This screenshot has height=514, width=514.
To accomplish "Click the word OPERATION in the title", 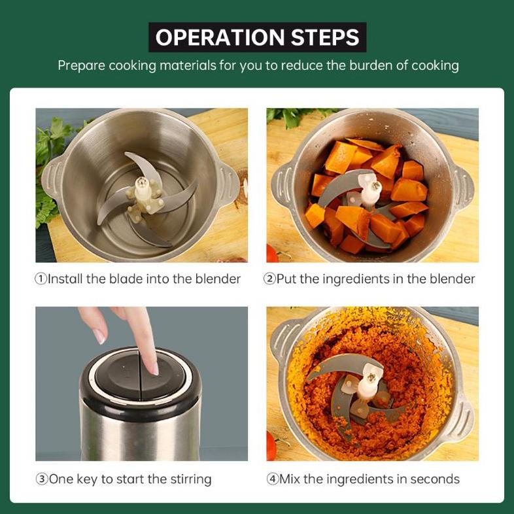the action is click(220, 37).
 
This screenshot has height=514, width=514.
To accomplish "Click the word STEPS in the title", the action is click(325, 37).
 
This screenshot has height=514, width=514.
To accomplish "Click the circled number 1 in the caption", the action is click(41, 279).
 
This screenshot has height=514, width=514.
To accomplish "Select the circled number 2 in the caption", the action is click(269, 279).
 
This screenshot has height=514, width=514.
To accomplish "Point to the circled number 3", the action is click(42, 479).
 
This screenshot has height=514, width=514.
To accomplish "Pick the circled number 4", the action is click(273, 479).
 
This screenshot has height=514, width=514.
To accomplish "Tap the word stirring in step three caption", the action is click(191, 479).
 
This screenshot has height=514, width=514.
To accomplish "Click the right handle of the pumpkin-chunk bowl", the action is click(463, 186).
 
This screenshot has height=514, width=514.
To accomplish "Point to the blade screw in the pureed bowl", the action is click(371, 377).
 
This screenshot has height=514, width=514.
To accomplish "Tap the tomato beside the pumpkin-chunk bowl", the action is click(271, 253).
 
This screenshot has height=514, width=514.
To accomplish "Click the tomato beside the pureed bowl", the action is click(271, 446).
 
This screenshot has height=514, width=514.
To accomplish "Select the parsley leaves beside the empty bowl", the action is click(49, 171).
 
